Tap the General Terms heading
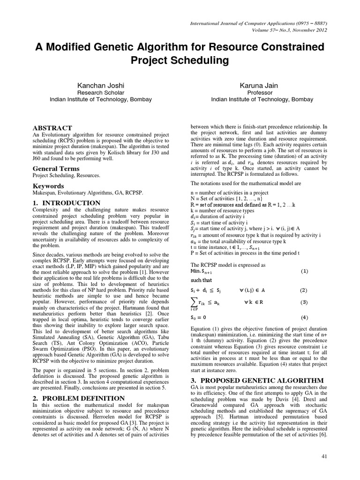point(55,168)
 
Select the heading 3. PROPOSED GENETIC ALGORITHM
point(256,379)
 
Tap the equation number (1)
point(304,271)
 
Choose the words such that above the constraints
point(201,280)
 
